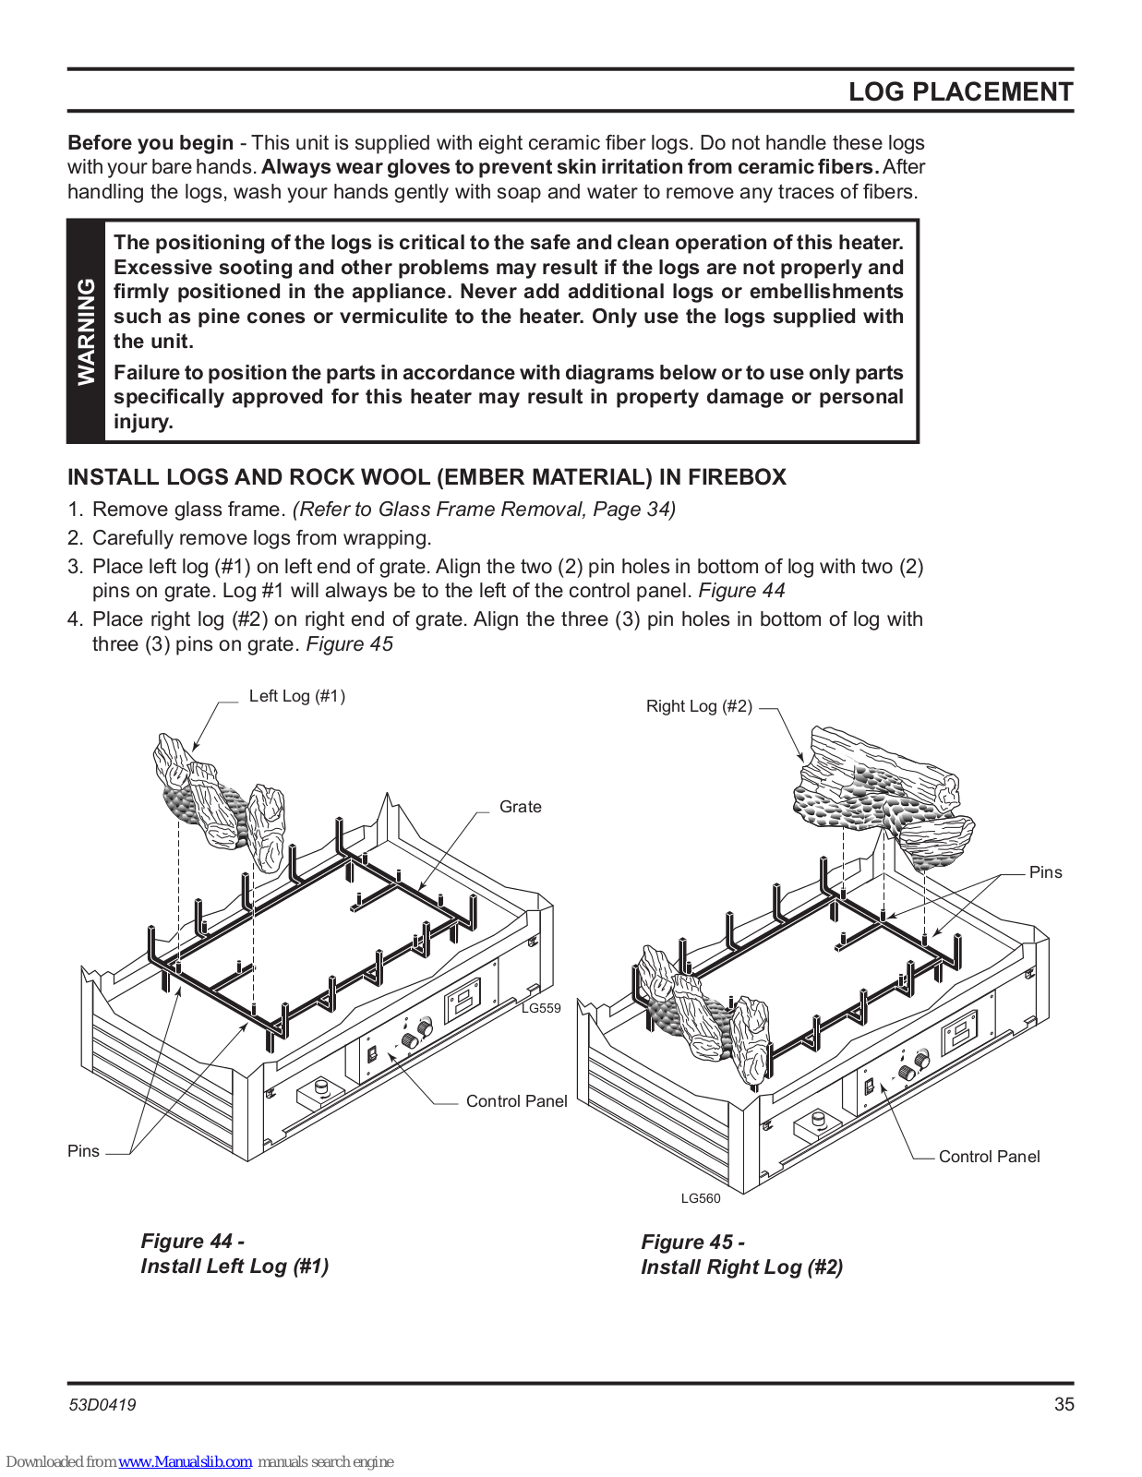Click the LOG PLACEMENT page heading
(x=960, y=92)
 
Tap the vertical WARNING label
(x=86, y=331)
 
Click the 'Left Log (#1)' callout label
(x=296, y=696)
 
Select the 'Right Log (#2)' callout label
(x=699, y=706)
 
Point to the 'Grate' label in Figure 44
(x=520, y=807)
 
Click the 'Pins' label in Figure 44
(x=83, y=1151)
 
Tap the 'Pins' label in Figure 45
(x=1045, y=872)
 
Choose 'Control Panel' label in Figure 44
(x=516, y=1101)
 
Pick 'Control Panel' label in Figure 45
(x=989, y=1157)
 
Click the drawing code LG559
(x=541, y=1008)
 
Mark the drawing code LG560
(x=701, y=1198)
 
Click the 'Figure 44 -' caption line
(x=192, y=1242)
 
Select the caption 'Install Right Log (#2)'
(x=741, y=1267)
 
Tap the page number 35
(x=1064, y=1404)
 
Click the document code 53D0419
(x=102, y=1405)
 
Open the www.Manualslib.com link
(x=185, y=1462)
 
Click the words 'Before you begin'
(x=150, y=143)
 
